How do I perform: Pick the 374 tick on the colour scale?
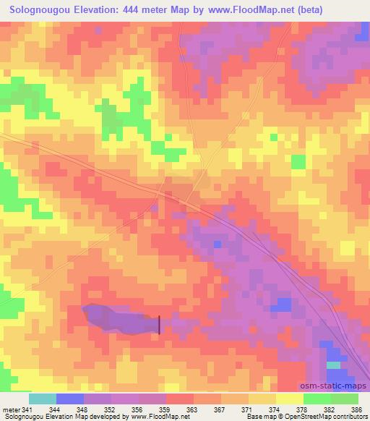[269, 410]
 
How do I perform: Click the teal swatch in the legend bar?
[43, 399]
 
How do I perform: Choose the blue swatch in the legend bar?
[70, 399]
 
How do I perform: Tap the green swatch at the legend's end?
[344, 399]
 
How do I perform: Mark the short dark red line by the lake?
[159, 324]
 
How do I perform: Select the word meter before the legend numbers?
[11, 410]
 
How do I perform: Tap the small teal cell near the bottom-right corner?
[332, 365]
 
